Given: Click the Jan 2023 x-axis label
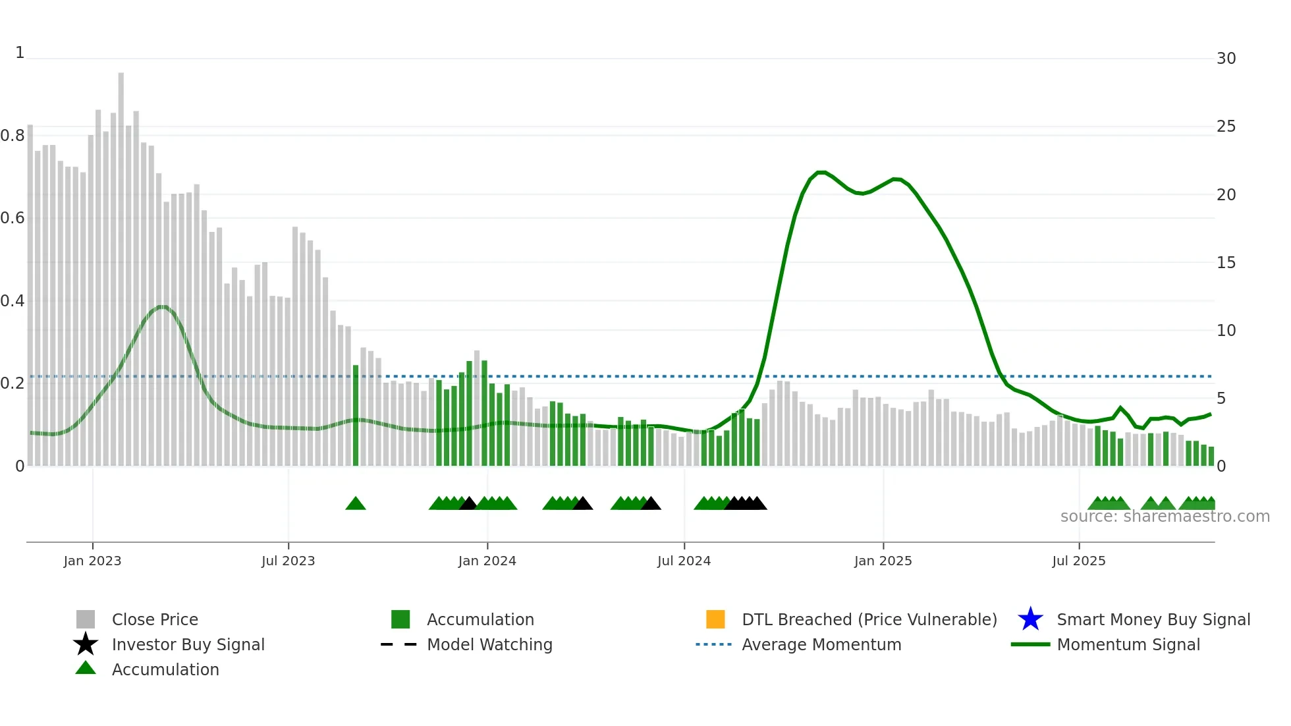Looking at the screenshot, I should [x=92, y=561].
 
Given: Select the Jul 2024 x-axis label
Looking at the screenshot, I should [x=684, y=561].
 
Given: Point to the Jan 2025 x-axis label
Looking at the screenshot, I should [x=883, y=561].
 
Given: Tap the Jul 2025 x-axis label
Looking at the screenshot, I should [x=1078, y=561].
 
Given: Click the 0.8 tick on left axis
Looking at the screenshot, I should [x=13, y=136].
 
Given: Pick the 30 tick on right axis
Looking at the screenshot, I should [x=1226, y=59].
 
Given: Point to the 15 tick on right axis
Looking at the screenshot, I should [x=1226, y=263].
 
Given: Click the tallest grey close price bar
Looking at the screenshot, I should [x=121, y=264].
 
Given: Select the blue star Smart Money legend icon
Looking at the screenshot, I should [x=1030, y=619].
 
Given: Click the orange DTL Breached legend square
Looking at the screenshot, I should [x=715, y=619].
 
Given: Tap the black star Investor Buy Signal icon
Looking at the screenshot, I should [x=86, y=644].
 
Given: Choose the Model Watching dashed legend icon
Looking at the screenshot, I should [x=399, y=644].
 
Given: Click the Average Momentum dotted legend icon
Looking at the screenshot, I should [x=714, y=644].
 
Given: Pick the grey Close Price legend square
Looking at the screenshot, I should [x=86, y=619].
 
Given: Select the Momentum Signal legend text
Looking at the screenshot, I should [x=1128, y=644].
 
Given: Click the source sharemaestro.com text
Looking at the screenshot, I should [x=1165, y=517].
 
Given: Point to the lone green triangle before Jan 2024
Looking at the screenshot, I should [x=356, y=504].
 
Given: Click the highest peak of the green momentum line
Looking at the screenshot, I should [x=821, y=173].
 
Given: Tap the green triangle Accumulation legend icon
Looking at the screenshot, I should [x=86, y=668].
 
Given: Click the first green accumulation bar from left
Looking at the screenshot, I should [x=356, y=415].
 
